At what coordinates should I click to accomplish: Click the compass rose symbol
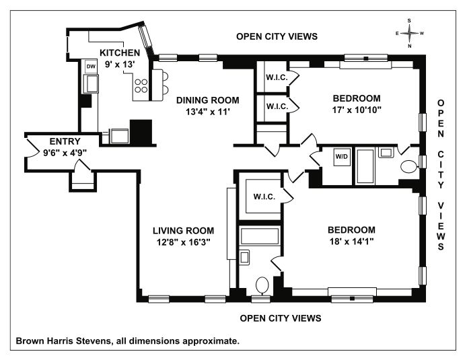coord(410,33)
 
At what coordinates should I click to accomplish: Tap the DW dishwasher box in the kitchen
coord(91,67)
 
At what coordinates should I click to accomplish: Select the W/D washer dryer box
coord(342,157)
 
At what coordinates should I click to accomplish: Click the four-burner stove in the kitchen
coord(141,85)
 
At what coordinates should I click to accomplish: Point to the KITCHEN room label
coord(120,52)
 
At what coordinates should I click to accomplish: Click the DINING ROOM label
coord(207,100)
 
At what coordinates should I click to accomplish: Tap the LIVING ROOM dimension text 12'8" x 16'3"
coord(184,242)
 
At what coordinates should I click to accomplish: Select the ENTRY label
coord(65,141)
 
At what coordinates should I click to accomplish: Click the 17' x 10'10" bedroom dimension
coord(357,110)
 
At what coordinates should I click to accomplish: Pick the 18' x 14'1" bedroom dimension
coord(351,241)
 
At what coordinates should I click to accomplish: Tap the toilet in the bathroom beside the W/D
coord(409,167)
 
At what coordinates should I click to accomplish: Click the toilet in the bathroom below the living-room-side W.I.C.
coord(262,285)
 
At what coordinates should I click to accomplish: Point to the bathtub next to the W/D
coord(365,166)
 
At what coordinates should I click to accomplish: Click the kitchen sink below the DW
coord(92,83)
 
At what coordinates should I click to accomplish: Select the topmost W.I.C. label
coord(277,77)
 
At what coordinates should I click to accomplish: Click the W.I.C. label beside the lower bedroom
coord(264,196)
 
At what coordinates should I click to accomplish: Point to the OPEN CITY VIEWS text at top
coord(277,36)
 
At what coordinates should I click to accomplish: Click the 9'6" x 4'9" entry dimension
coord(65,153)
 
